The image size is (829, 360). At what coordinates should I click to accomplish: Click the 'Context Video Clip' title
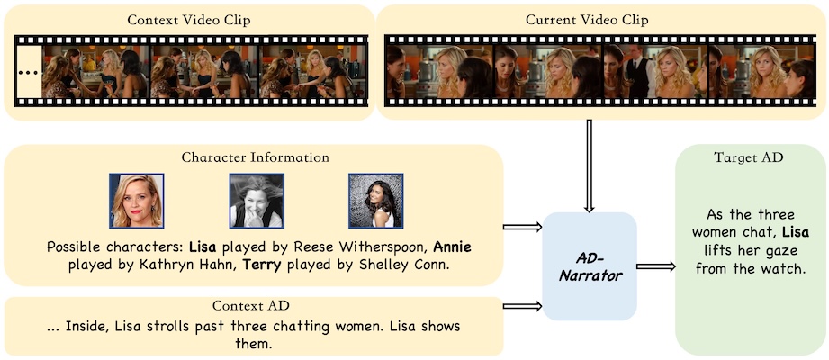click(188, 19)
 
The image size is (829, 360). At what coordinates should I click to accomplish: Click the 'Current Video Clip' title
click(599, 19)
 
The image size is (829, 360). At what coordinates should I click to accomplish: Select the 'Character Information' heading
click(255, 157)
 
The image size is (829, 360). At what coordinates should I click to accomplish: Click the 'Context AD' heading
click(255, 306)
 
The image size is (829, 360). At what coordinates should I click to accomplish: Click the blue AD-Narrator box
click(590, 263)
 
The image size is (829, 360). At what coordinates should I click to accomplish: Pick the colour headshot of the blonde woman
click(136, 201)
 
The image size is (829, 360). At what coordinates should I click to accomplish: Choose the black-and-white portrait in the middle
click(256, 201)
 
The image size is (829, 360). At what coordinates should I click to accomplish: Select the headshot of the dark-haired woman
click(375, 201)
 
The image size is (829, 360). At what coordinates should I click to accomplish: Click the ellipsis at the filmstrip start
click(29, 70)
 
